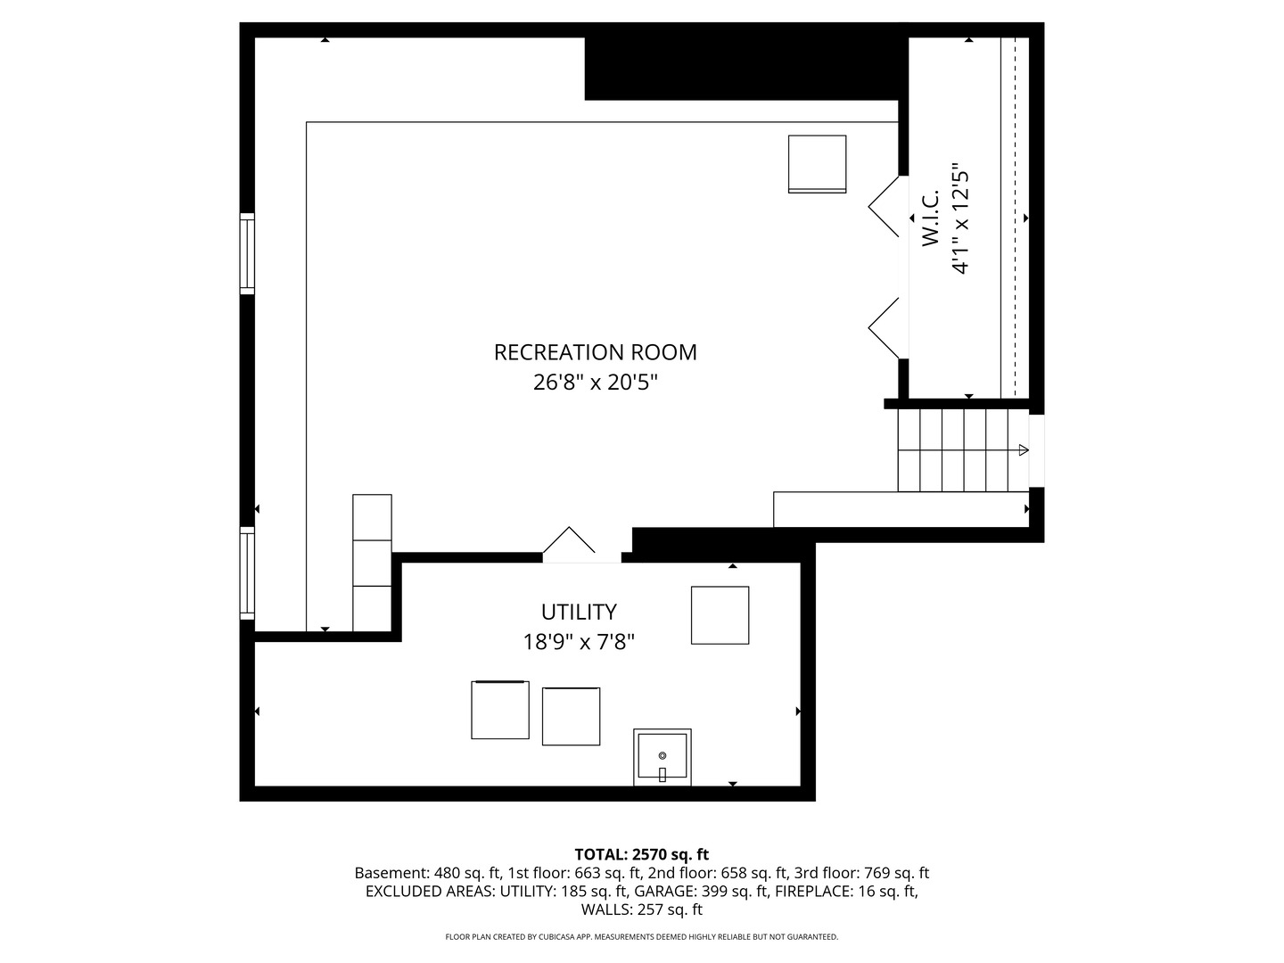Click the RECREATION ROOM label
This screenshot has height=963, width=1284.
point(595,352)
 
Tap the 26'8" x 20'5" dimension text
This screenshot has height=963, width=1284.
point(595,383)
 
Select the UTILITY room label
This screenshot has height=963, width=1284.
point(579,613)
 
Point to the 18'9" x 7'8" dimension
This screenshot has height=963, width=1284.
point(579,643)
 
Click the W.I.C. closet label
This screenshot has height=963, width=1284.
point(930,218)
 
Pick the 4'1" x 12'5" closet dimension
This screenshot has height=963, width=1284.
point(960,218)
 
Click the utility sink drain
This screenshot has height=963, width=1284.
point(663,755)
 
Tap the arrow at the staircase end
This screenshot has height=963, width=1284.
point(1024,450)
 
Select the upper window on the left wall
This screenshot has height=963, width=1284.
point(247,254)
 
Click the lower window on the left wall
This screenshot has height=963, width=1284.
point(247,573)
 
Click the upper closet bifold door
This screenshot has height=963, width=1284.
point(884,206)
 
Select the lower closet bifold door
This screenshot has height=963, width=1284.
point(884,329)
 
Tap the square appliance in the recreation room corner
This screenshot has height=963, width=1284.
point(817,164)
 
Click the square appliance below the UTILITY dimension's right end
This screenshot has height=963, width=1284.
point(720,615)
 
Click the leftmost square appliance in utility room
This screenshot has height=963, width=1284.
point(500,710)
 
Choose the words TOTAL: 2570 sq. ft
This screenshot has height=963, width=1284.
point(642,855)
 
